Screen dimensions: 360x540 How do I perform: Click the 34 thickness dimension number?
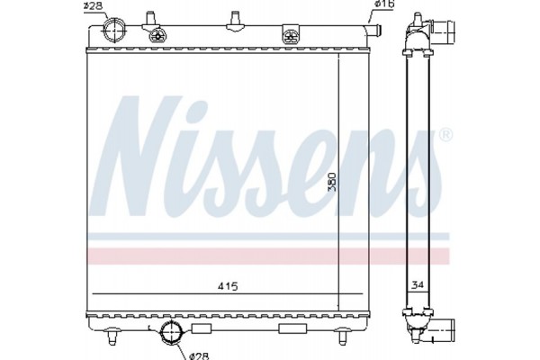(416, 286)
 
